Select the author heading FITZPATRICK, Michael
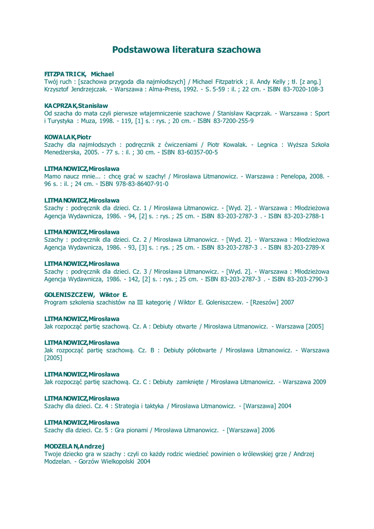[79, 74]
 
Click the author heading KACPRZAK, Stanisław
[76, 105]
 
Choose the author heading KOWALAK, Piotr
[68, 137]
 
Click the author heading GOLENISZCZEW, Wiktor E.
[86, 294]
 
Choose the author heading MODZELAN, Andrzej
[74, 446]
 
